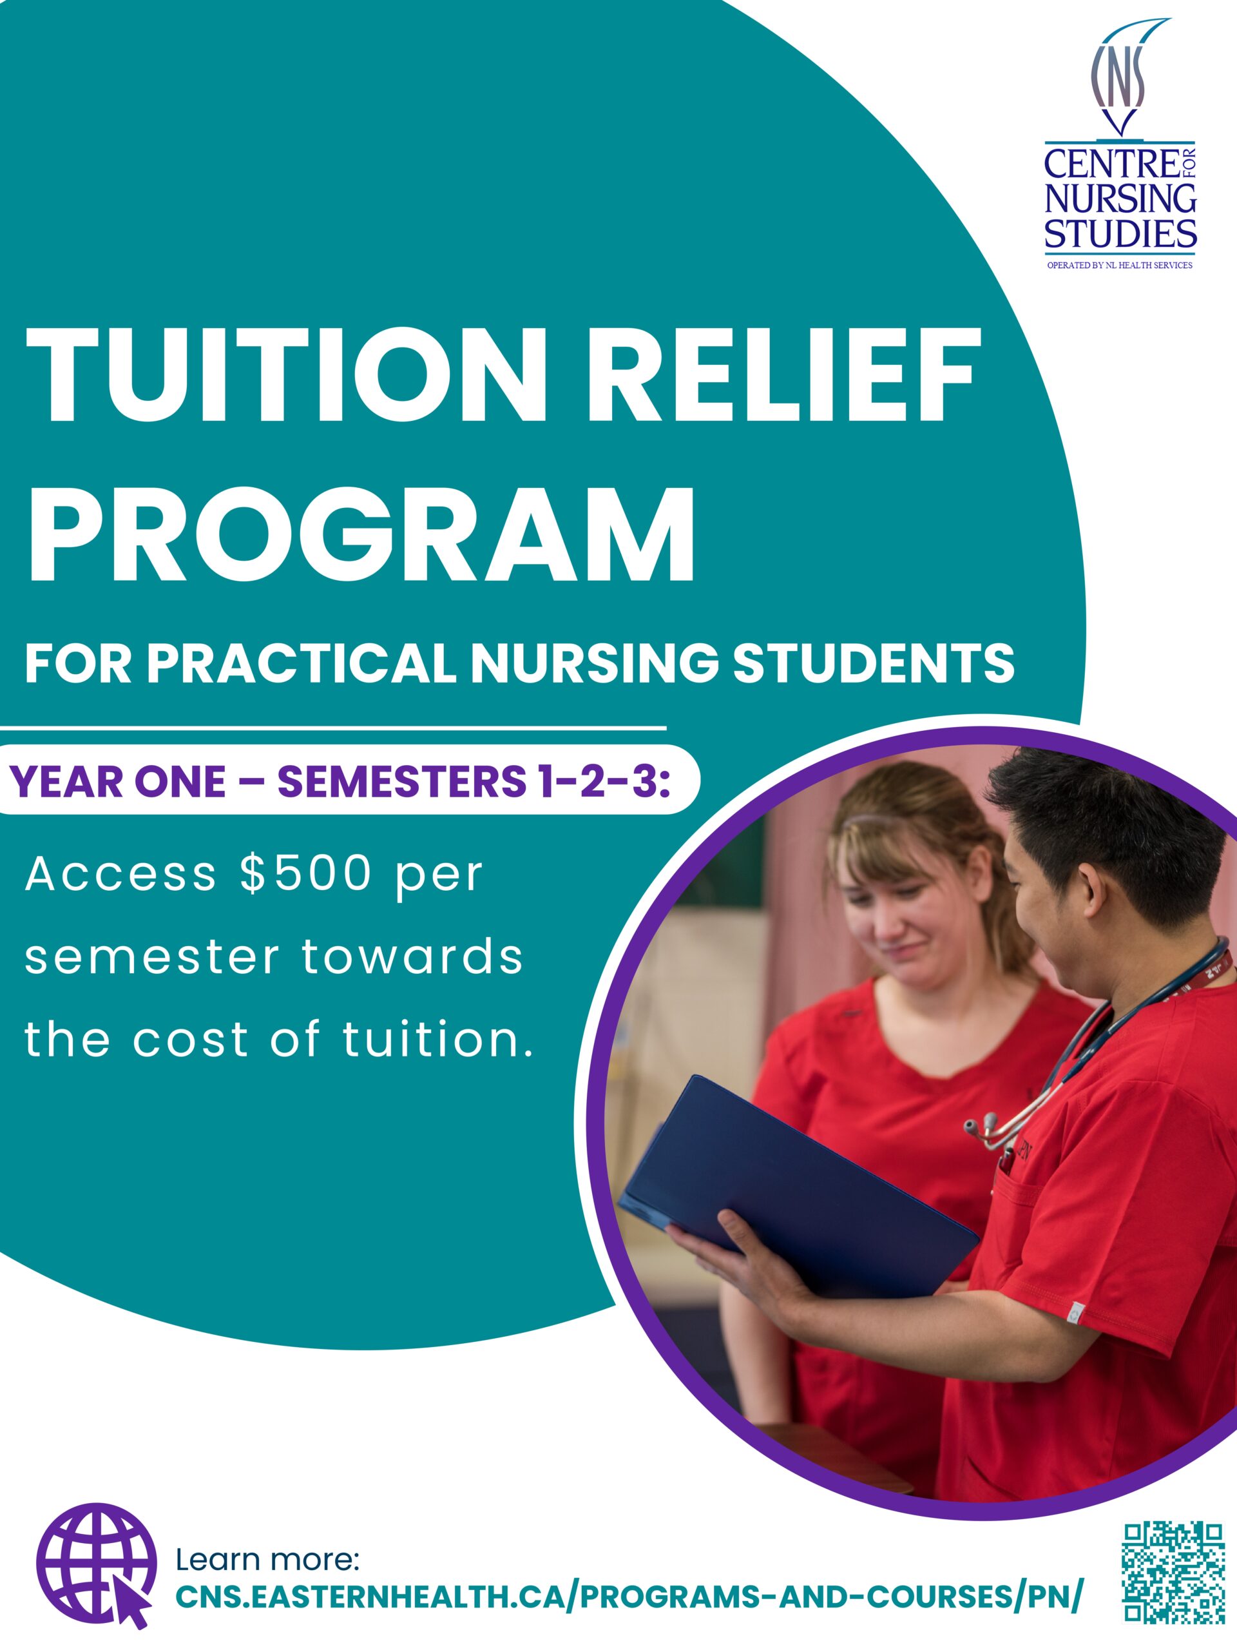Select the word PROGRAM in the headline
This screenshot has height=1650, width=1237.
(361, 535)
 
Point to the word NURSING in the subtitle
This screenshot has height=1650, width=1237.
(593, 663)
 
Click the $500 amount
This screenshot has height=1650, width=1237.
(306, 873)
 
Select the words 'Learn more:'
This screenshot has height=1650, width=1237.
(267, 1560)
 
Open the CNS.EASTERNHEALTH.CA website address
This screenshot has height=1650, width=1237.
(628, 1597)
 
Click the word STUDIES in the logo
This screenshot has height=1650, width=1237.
(1120, 233)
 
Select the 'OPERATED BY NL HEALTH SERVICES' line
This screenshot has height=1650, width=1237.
(1120, 265)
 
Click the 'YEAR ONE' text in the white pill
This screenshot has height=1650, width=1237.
(118, 782)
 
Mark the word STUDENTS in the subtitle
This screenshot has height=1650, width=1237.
(874, 663)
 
